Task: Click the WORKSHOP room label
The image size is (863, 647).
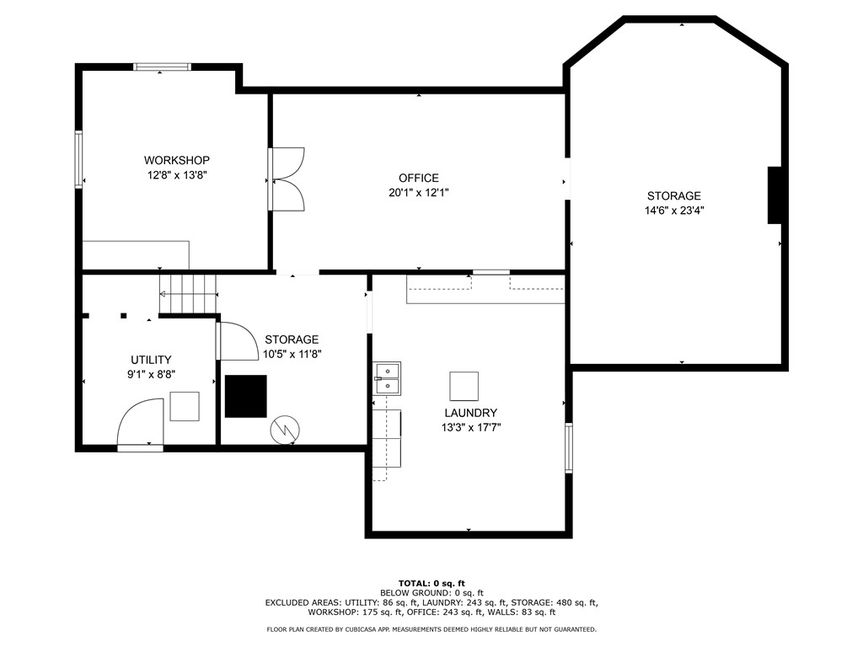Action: point(176,160)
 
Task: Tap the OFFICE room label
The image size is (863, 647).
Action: point(419,178)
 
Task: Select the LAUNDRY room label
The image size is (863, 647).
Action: point(470,413)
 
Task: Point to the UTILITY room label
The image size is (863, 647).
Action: point(151,360)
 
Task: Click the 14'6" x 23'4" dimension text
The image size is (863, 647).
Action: point(674,211)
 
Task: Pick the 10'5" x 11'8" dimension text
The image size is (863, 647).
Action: point(292,354)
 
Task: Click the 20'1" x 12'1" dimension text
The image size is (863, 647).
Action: point(419,192)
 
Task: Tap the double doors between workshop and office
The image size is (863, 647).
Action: point(287,179)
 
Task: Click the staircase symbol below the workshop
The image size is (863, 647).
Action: point(189,294)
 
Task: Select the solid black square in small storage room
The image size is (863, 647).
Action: point(246,396)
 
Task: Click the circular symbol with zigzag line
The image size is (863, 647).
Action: point(284,430)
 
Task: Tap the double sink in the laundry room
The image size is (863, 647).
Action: point(388,378)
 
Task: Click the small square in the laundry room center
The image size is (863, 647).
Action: point(464,386)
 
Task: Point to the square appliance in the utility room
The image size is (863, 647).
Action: point(185,406)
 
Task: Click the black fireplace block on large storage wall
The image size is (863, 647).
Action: point(774,195)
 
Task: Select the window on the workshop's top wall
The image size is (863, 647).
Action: point(162,67)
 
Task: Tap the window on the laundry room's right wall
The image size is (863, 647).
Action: point(568,448)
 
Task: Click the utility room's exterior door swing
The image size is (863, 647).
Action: point(137,425)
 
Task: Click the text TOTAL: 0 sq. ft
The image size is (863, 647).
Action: point(431,583)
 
